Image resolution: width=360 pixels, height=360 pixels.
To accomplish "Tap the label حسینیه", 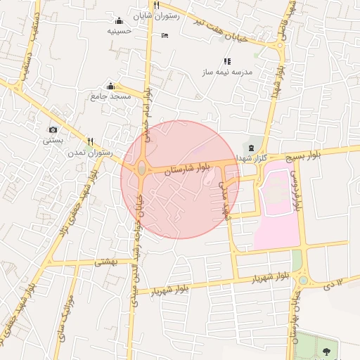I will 119,31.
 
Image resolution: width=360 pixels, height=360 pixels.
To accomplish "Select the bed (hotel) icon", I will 165,35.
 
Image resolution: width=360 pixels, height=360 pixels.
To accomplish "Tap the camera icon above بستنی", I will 53,129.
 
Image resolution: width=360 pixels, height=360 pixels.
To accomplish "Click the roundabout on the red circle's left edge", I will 142,169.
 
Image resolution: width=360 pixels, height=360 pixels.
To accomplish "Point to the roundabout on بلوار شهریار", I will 302,279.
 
